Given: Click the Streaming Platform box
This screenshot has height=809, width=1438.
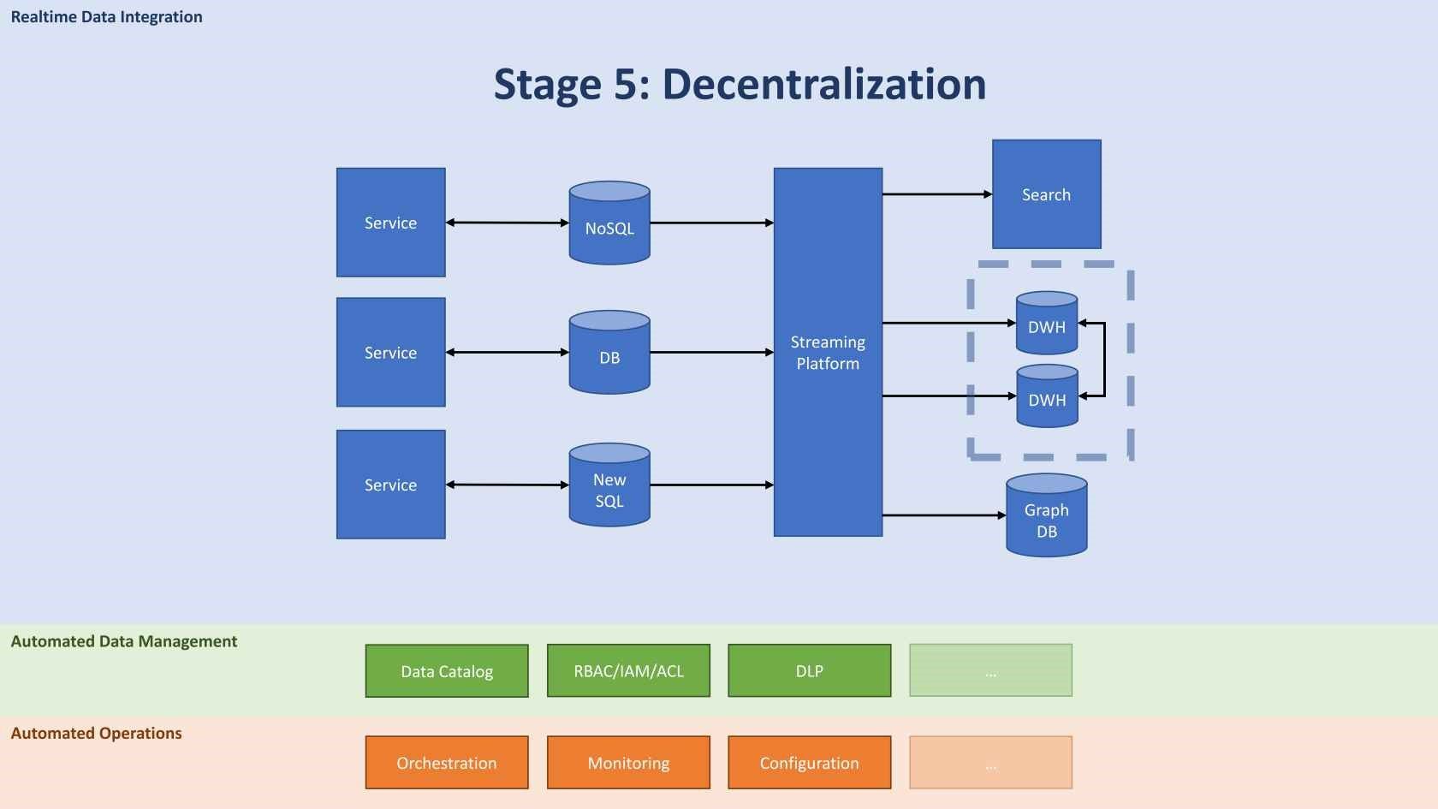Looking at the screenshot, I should pyautogui.click(x=828, y=352).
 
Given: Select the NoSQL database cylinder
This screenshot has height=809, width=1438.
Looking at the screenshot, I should pyautogui.click(x=609, y=223).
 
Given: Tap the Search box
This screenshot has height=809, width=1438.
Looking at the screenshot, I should pyautogui.click(x=1046, y=194).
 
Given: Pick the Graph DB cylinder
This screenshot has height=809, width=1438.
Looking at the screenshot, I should pyautogui.click(x=1046, y=516).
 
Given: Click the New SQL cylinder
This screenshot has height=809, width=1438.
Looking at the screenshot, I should pyautogui.click(x=609, y=485).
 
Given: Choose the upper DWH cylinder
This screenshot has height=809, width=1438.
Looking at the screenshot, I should pyautogui.click(x=1046, y=324).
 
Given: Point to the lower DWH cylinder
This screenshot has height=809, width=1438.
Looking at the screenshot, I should pyautogui.click(x=1046, y=396).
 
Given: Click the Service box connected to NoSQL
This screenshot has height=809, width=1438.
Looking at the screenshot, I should pyautogui.click(x=390, y=223).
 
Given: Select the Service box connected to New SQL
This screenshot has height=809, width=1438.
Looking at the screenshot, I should pyautogui.click(x=390, y=485).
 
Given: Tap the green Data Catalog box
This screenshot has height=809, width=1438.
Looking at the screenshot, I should pyautogui.click(x=447, y=671).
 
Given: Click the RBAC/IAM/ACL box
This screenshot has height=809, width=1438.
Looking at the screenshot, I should pyautogui.click(x=628, y=671).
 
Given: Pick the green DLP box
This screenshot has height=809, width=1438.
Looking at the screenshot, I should pyautogui.click(x=809, y=671).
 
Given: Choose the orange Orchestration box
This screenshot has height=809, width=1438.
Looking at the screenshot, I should pyautogui.click(x=447, y=763).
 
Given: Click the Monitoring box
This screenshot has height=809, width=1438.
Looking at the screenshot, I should pyautogui.click(x=628, y=763).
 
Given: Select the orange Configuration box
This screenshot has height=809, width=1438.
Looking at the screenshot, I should pyautogui.click(x=809, y=763).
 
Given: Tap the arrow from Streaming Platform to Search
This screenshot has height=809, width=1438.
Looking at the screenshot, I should pyautogui.click(x=936, y=194).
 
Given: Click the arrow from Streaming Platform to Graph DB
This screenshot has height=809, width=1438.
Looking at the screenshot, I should pyautogui.click(x=943, y=515).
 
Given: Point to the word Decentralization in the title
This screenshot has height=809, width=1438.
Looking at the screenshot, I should pyautogui.click(x=823, y=85).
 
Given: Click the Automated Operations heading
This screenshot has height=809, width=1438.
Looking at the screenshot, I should pyautogui.click(x=96, y=734).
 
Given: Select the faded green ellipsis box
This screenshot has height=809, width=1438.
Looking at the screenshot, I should pyautogui.click(x=990, y=671).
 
